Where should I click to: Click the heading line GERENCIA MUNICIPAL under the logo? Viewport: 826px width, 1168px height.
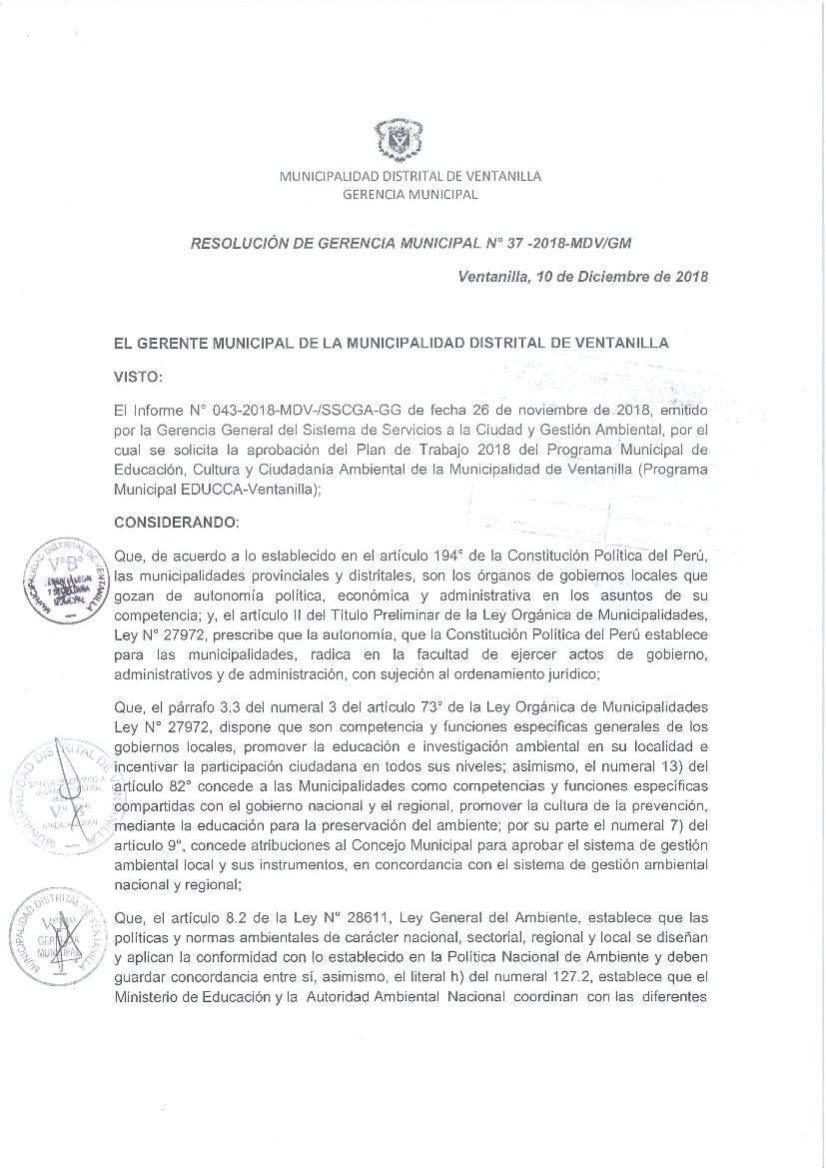[x=410, y=194]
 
